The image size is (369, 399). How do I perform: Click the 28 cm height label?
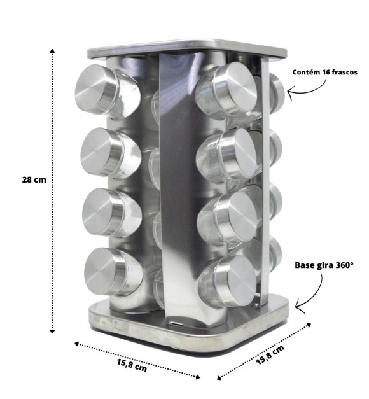[34, 179]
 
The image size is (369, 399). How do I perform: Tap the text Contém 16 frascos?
[324, 73]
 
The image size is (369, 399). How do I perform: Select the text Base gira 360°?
[324, 265]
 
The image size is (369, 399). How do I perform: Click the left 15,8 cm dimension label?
[132, 365]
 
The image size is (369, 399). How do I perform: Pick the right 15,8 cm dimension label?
[270, 354]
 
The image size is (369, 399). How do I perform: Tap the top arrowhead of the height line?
[52, 50]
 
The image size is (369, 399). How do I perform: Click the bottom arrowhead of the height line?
[52, 332]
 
